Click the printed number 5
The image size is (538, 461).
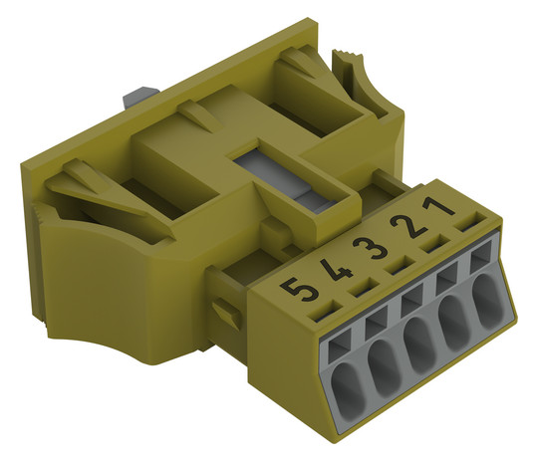click(x=299, y=289)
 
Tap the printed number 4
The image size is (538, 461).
click(x=336, y=270)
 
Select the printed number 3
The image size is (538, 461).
click(x=371, y=248)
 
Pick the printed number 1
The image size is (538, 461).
click(x=438, y=206)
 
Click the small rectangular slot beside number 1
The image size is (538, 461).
click(x=468, y=221)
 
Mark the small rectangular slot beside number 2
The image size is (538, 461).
click(x=435, y=243)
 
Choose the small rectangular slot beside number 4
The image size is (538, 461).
click(x=363, y=287)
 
